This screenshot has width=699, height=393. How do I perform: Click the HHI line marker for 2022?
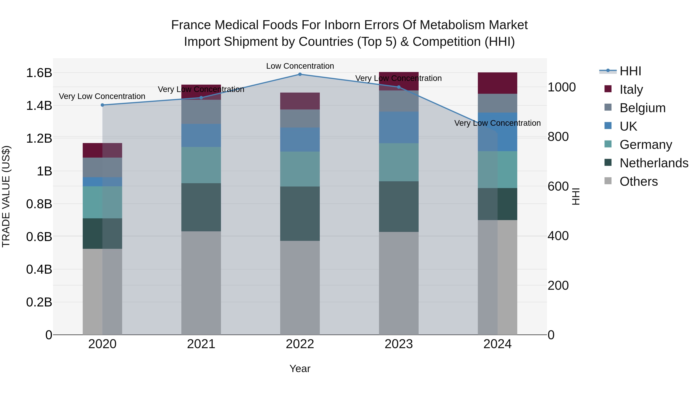(300, 74)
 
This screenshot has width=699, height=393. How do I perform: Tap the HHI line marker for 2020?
(102, 105)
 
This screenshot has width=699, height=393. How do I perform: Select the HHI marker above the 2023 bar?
(399, 87)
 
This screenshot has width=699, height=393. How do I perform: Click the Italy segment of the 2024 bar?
(497, 83)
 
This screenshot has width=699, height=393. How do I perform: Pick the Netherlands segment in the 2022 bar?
(300, 213)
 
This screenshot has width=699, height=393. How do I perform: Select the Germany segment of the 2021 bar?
(201, 165)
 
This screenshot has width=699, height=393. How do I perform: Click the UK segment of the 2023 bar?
(399, 128)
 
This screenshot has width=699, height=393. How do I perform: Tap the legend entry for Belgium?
(642, 108)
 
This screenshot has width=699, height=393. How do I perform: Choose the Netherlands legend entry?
(654, 163)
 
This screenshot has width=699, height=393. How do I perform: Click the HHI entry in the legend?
(630, 71)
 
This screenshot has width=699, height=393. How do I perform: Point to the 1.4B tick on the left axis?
(39, 106)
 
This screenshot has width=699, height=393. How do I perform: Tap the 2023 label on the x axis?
(399, 344)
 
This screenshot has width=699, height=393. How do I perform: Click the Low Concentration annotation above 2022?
(300, 66)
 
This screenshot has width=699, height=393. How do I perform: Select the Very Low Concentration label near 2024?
(497, 123)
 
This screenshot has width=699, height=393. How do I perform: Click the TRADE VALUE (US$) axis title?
(6, 196)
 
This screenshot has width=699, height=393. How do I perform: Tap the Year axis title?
(300, 369)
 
